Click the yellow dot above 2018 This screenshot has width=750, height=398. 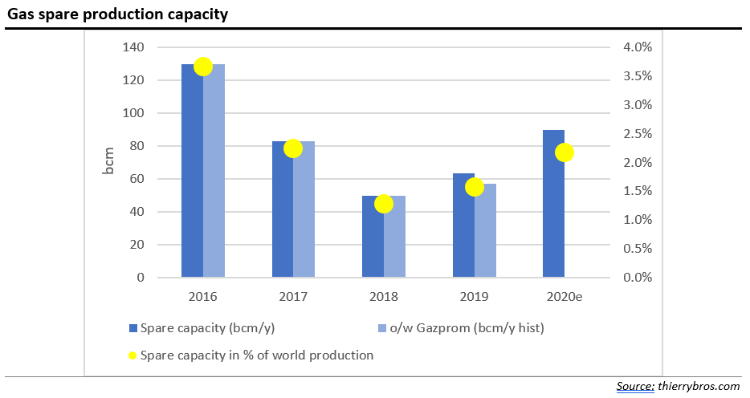pyautogui.click(x=383, y=204)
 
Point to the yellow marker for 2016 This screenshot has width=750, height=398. pyautogui.click(x=203, y=67)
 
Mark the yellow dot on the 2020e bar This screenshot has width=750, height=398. pyautogui.click(x=565, y=152)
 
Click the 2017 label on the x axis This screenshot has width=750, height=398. pyautogui.click(x=293, y=297)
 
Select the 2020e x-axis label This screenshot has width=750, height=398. pyautogui.click(x=565, y=297)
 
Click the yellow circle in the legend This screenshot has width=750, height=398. pyautogui.click(x=132, y=355)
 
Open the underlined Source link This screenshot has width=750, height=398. pyautogui.click(x=634, y=387)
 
